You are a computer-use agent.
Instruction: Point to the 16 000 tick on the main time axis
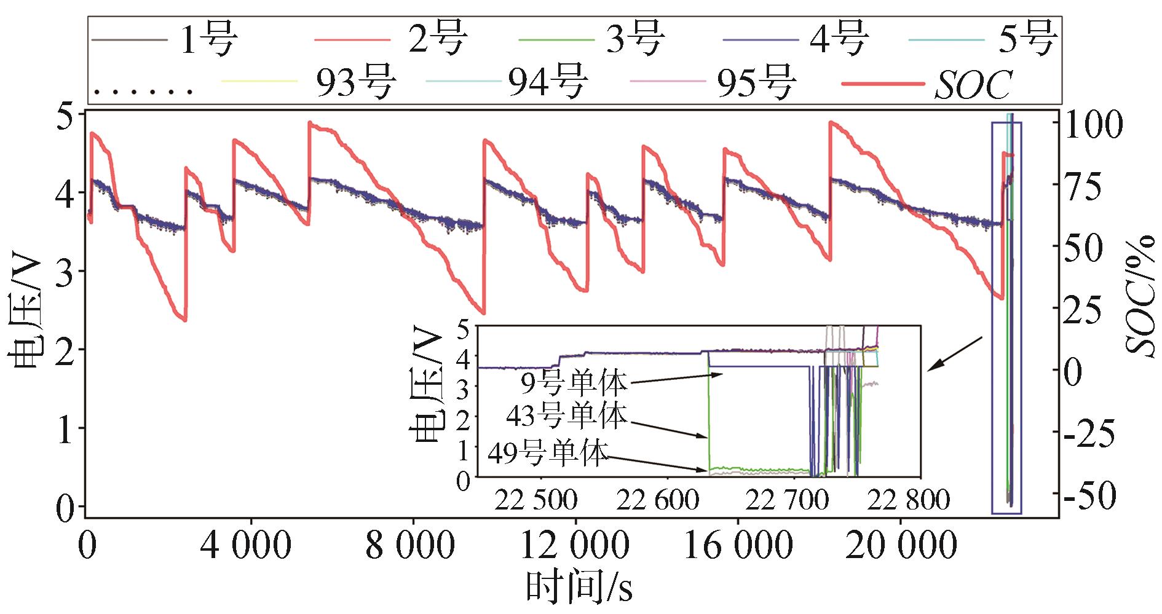coord(737,546)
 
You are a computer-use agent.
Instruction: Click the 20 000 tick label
coord(900,546)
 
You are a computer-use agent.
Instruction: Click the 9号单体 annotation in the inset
coord(574,383)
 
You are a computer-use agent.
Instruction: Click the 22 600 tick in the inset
coord(658,500)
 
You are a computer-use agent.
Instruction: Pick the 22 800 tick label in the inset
coord(907,500)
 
